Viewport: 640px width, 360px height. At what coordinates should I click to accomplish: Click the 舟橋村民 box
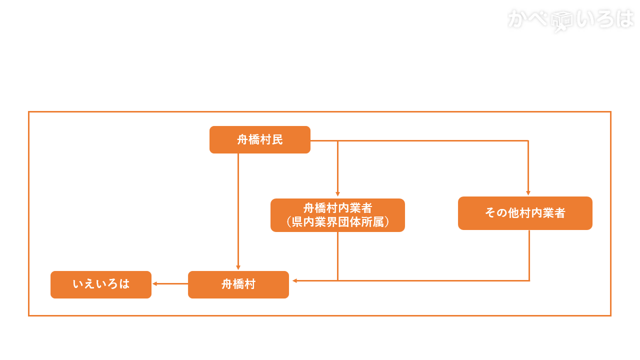[259, 139]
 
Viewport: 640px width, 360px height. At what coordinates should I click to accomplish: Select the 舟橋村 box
[238, 284]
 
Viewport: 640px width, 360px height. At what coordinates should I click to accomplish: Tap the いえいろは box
[100, 284]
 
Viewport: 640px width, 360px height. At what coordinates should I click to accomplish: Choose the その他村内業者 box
[525, 213]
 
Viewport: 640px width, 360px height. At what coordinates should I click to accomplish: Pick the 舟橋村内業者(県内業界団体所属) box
[337, 215]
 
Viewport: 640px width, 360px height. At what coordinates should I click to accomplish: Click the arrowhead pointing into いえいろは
[155, 283]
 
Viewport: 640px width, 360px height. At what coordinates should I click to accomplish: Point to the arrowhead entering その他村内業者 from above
[528, 193]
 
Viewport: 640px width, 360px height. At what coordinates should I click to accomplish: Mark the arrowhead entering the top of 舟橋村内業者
[337, 194]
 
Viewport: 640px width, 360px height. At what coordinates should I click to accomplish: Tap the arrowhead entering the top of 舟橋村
[238, 267]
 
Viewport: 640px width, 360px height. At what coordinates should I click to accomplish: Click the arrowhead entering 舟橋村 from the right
[295, 280]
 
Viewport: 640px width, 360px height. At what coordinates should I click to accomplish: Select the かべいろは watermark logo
[570, 20]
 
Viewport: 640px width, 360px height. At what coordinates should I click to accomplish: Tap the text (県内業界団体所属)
[337, 222]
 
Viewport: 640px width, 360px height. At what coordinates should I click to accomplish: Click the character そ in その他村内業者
[490, 213]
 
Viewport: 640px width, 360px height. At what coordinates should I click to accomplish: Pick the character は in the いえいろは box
[124, 284]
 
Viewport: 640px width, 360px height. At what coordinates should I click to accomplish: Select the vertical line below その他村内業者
[529, 255]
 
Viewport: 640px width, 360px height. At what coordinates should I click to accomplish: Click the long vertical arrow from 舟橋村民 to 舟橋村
[238, 210]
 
